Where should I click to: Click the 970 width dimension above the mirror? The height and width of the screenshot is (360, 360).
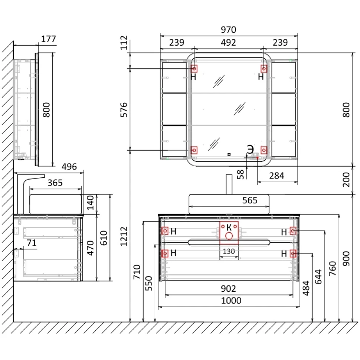click(229, 30)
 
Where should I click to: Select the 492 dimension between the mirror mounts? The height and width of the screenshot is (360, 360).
click(229, 42)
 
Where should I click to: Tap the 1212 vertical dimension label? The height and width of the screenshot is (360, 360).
click(124, 236)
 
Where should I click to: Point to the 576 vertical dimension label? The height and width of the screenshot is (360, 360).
click(124, 110)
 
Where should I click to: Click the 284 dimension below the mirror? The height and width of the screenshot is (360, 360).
click(276, 176)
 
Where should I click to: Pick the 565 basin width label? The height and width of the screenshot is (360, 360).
click(250, 200)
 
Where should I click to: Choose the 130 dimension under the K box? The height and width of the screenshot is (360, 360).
click(229, 251)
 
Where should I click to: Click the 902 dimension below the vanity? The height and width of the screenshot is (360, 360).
click(229, 289)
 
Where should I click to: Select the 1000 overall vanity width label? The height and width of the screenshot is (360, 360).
click(231, 301)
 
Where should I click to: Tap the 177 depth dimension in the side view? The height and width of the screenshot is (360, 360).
click(49, 39)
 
